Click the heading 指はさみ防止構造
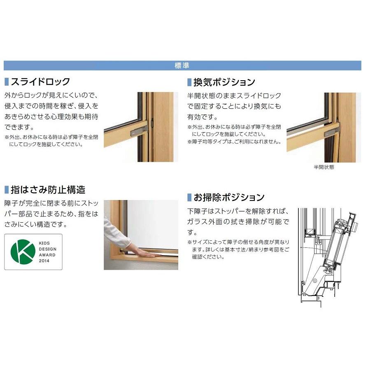point(48,190)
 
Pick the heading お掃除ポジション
point(229,197)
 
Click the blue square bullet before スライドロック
point(6,82)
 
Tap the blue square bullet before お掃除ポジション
point(190,197)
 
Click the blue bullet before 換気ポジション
point(190,82)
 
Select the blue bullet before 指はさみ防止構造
point(6,190)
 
